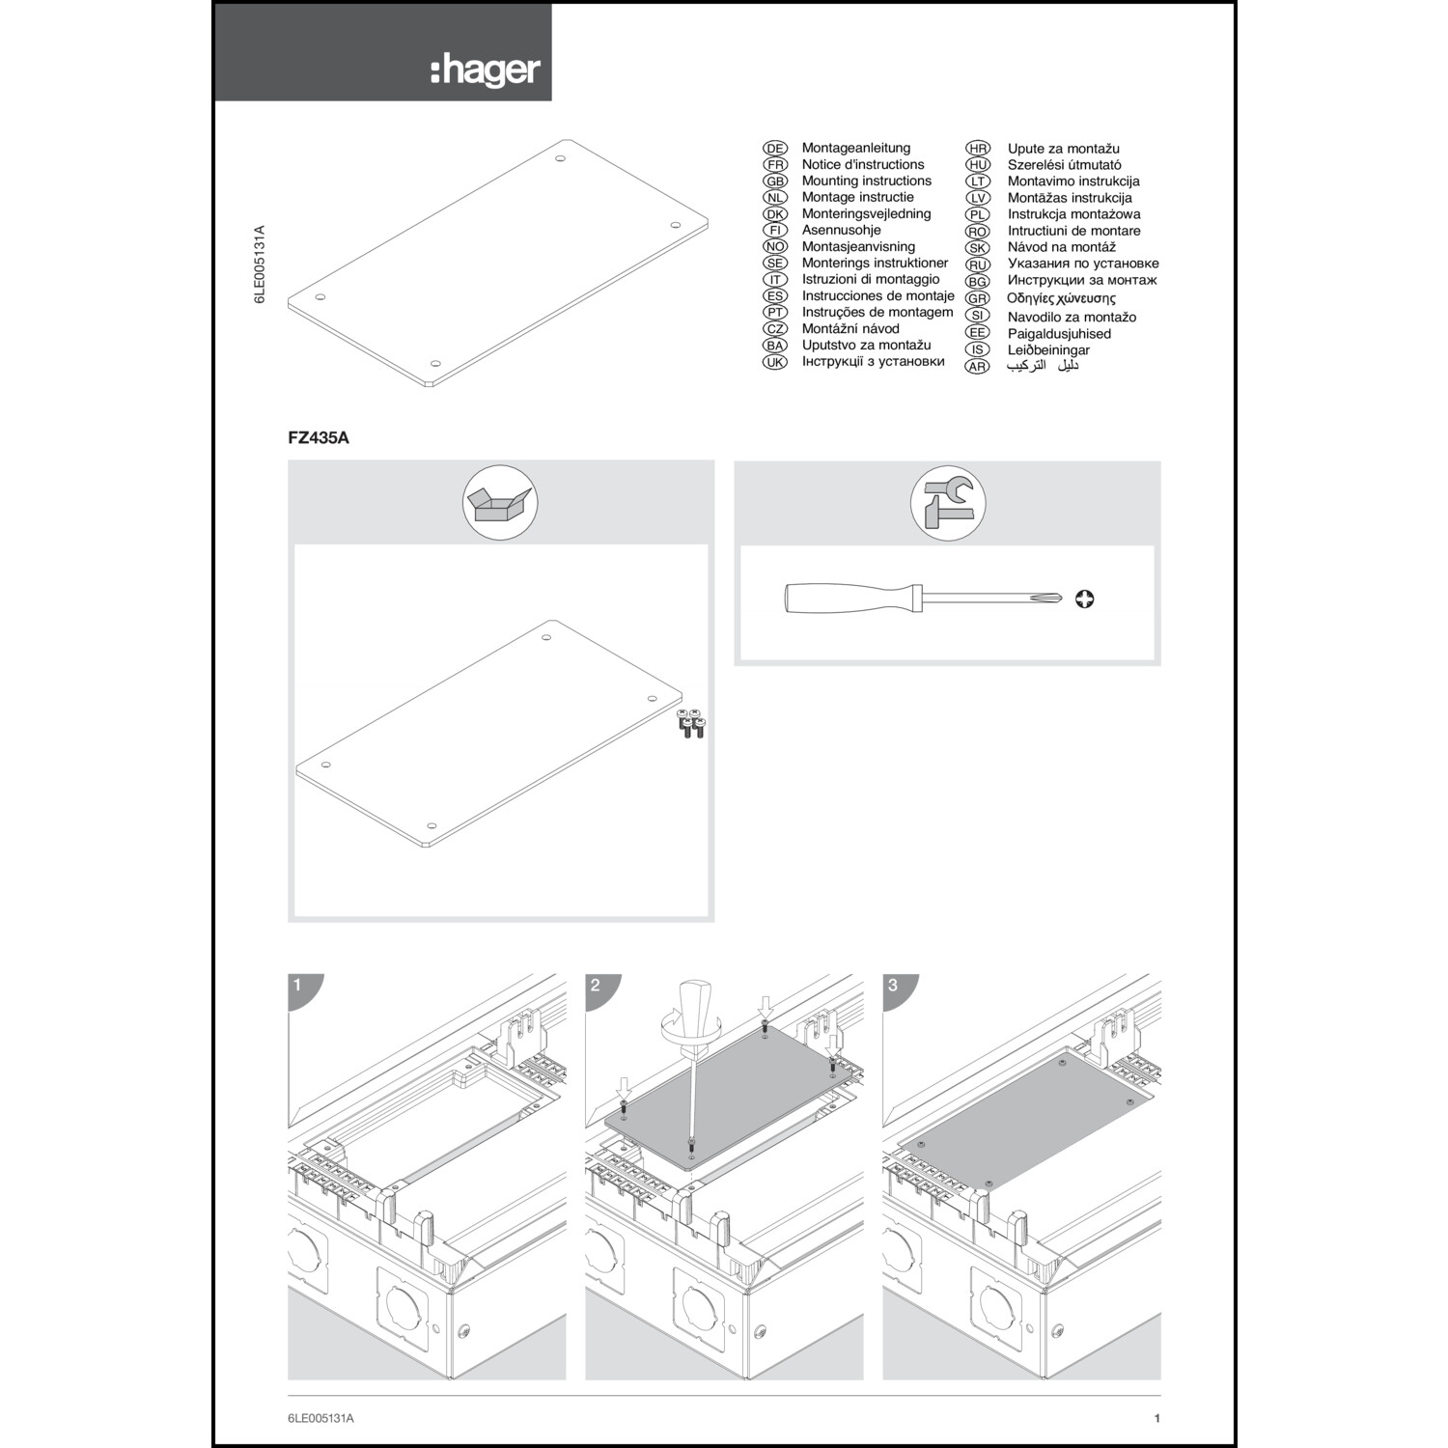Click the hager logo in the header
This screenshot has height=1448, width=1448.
coord(486,70)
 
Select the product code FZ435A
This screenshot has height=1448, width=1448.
coord(319,437)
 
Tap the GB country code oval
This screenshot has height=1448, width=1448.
coord(775,181)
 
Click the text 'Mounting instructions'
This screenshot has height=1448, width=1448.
coord(866,181)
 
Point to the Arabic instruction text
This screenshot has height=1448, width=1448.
coord(1043,366)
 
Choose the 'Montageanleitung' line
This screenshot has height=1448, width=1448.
coord(855,148)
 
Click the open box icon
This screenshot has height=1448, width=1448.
coord(500,503)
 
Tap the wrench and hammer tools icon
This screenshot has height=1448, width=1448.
coord(948,503)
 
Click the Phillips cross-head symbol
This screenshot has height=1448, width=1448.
coord(1084,599)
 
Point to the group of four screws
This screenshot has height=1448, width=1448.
coord(691,723)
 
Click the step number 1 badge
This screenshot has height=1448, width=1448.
coord(298,986)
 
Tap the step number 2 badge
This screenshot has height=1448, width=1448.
coord(596,986)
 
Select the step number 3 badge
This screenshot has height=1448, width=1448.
coord(893,986)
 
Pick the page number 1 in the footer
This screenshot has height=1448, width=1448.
coord(1156,1418)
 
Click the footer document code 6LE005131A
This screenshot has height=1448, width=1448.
coord(321,1418)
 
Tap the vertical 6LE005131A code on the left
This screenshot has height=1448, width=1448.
coord(259,265)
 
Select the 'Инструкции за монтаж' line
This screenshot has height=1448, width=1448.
coord(1082,280)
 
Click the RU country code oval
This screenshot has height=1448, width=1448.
coord(978,265)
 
